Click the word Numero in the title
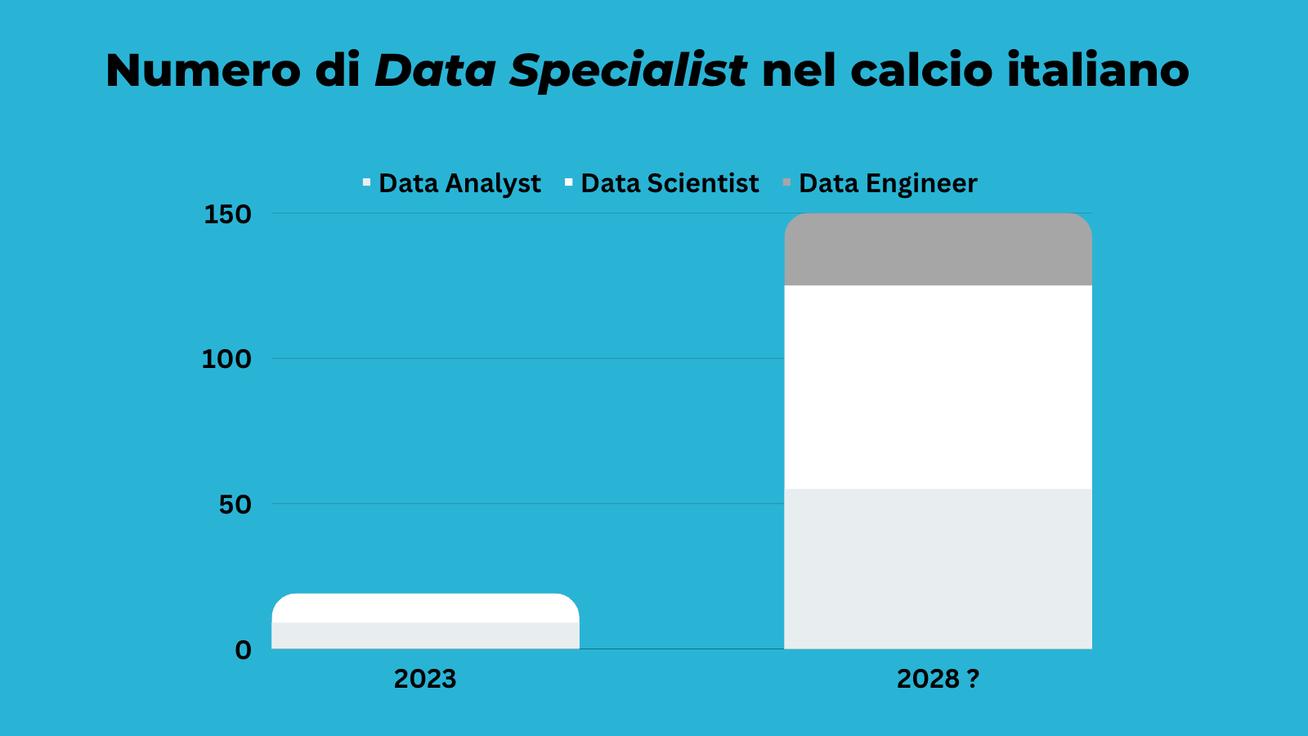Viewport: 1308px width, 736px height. click(204, 70)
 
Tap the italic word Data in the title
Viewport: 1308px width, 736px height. click(436, 70)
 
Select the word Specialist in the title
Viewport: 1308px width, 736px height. click(628, 72)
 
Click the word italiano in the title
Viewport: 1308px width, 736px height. click(1098, 70)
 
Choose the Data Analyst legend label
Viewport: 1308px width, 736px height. click(459, 184)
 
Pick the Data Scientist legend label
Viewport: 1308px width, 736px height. click(670, 183)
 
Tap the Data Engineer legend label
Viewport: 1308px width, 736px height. click(888, 184)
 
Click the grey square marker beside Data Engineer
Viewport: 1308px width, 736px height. click(786, 182)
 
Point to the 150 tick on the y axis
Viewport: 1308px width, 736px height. click(227, 214)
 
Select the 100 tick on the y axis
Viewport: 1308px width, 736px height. click(226, 359)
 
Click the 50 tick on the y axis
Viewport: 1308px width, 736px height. click(235, 505)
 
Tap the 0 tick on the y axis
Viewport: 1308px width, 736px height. click(243, 650)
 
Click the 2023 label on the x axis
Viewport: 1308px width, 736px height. click(425, 679)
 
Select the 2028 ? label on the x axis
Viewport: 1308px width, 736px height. click(938, 679)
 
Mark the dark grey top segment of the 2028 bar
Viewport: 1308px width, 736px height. click(938, 250)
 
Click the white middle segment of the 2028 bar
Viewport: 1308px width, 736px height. click(938, 387)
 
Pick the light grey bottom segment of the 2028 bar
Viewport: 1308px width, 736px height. click(938, 568)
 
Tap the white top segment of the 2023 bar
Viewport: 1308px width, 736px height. click(425, 608)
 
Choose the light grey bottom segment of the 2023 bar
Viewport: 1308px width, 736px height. click(425, 635)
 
